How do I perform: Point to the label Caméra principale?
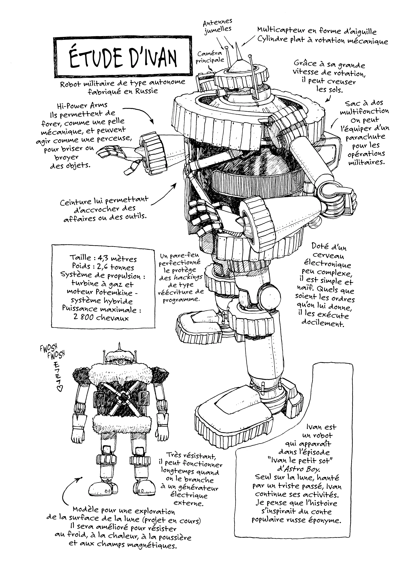pos(210,57)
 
